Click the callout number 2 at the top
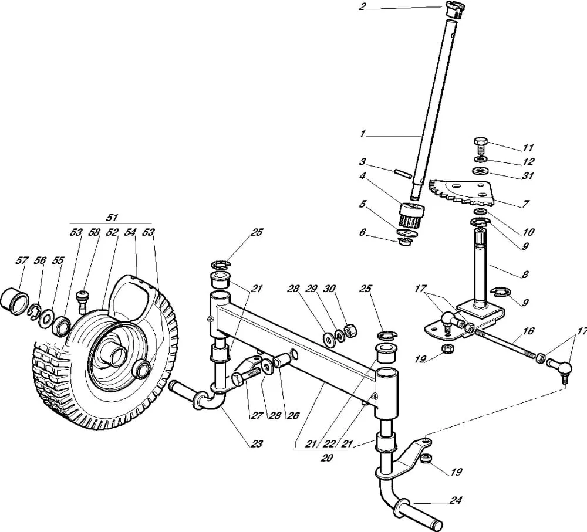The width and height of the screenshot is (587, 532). click(x=362, y=6)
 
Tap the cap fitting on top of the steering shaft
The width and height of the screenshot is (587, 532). click(x=454, y=9)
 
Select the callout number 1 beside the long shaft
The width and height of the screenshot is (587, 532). click(x=362, y=134)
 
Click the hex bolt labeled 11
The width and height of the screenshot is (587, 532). click(x=481, y=145)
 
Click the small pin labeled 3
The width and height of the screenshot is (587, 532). click(x=403, y=174)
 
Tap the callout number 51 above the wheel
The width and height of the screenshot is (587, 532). click(x=112, y=217)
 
